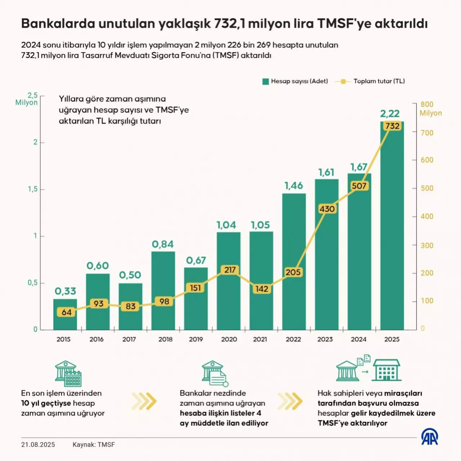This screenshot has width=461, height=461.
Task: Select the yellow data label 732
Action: (x=392, y=126)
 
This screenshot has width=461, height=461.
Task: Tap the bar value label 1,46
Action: (x=294, y=185)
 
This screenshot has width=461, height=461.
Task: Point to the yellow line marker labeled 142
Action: (x=262, y=289)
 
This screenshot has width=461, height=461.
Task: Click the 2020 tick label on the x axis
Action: (x=229, y=339)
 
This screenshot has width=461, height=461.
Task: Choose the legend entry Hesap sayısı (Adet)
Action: (x=295, y=81)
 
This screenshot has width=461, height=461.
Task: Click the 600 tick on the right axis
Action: (x=427, y=160)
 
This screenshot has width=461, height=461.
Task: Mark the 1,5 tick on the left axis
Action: (x=33, y=189)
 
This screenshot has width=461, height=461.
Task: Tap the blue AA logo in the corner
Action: (x=430, y=437)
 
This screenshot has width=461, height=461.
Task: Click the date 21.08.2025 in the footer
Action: (x=38, y=445)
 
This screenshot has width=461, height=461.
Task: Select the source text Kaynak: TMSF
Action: (x=94, y=445)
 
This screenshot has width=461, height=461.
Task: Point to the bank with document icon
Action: (x=215, y=373)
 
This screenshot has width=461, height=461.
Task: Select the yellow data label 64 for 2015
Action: (x=67, y=312)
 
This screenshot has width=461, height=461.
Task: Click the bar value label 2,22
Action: (x=390, y=114)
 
